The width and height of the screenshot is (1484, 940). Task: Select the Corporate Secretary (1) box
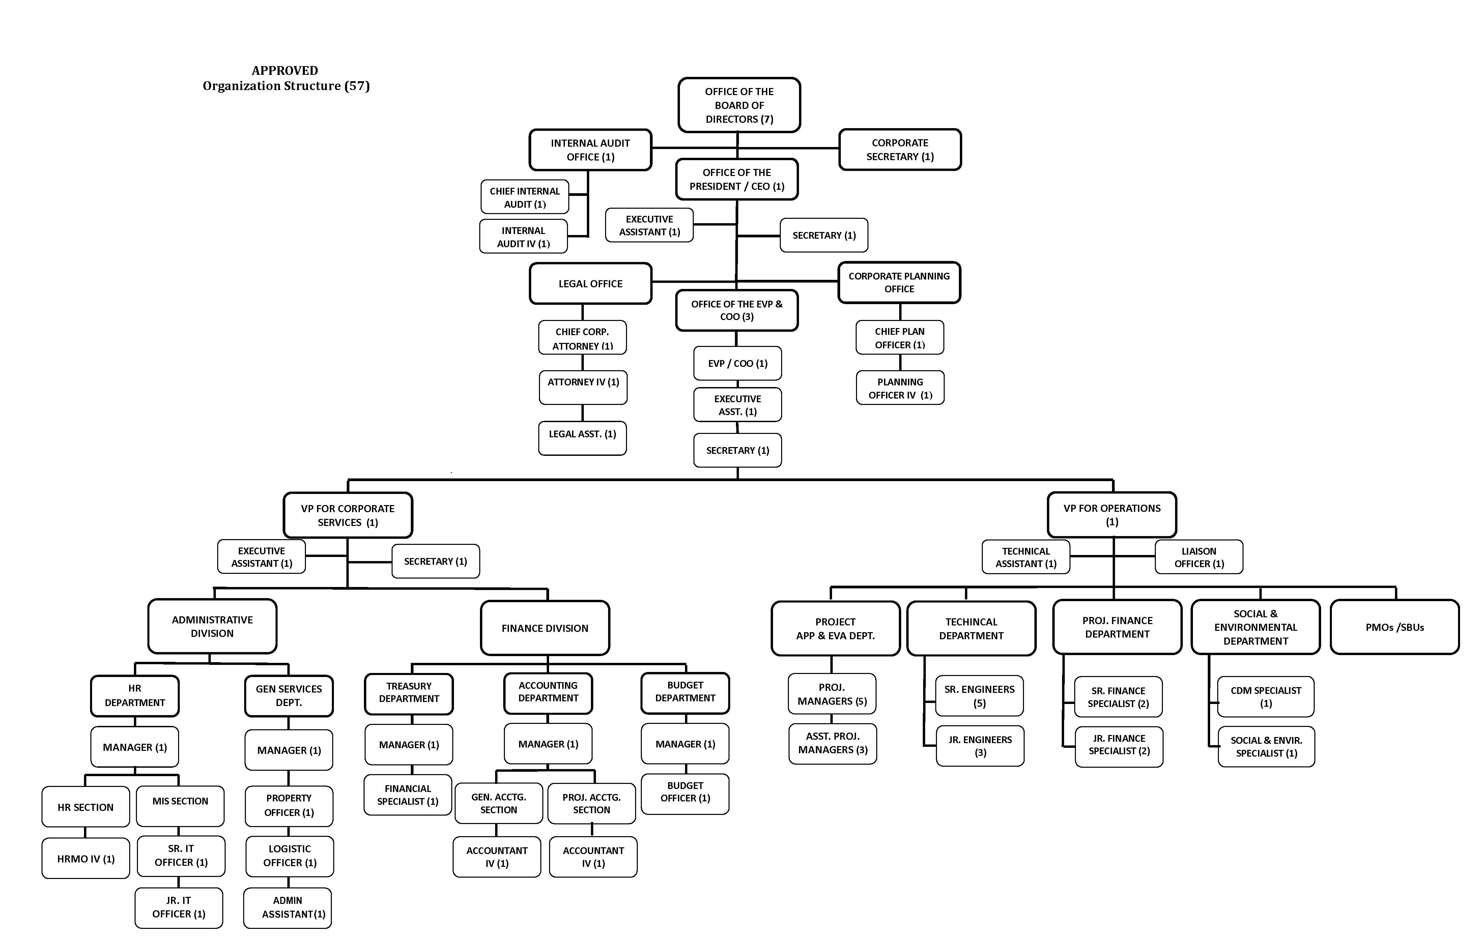point(900,149)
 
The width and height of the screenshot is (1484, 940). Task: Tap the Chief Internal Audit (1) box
point(524,197)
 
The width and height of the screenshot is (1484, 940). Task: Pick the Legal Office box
point(590,283)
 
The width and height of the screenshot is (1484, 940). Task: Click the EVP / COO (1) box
point(738,363)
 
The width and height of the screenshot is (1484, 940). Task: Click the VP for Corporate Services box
point(348,515)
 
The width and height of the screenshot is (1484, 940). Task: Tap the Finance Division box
point(545,628)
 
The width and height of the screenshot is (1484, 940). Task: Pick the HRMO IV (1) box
point(86,858)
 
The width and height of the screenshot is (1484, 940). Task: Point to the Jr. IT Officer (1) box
point(179,907)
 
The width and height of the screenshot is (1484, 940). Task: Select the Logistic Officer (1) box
point(290,856)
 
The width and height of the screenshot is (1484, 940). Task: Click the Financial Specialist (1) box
point(408,795)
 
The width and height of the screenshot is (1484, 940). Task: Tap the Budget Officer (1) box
point(685,794)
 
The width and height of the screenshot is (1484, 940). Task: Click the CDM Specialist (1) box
point(1266,697)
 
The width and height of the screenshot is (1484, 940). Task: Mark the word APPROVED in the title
point(285,70)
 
